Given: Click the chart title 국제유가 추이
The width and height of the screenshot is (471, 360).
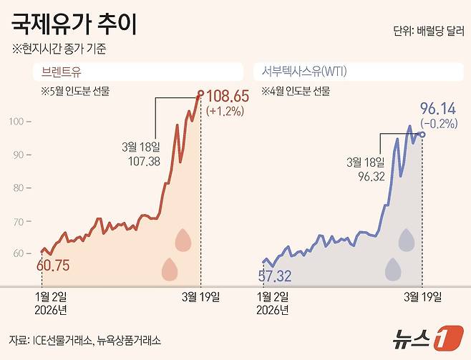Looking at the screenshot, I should (74, 24).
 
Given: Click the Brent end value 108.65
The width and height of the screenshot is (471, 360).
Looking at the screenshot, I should (228, 96).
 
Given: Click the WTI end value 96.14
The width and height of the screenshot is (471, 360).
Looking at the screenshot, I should (437, 109).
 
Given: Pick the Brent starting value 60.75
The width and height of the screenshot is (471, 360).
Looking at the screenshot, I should (53, 266).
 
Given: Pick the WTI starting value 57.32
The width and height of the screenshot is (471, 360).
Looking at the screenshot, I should (275, 276).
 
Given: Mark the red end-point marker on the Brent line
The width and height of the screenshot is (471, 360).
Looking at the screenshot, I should (200, 93).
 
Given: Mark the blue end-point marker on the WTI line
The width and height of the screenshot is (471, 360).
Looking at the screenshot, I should (422, 134).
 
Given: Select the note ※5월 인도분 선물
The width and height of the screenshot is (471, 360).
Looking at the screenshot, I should (75, 92).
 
